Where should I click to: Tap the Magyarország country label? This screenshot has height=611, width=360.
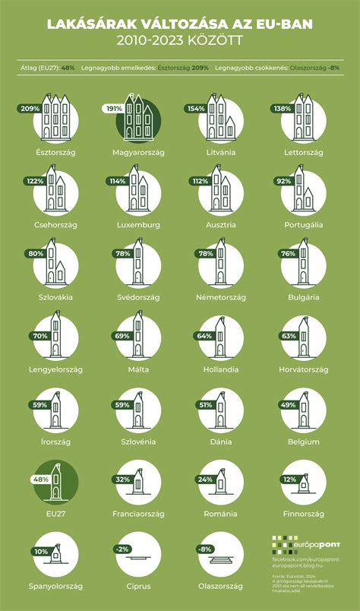pyautogui.click(x=137, y=153)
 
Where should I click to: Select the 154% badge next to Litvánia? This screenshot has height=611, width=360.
pyautogui.click(x=197, y=109)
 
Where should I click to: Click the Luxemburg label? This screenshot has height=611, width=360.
pyautogui.click(x=137, y=226)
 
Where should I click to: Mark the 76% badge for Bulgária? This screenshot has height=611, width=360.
pyautogui.click(x=288, y=254)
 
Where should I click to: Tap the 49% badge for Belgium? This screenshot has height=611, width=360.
pyautogui.click(x=287, y=405)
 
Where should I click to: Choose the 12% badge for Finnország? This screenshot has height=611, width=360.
pyautogui.click(x=288, y=480)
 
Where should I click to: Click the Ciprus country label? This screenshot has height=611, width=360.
pyautogui.click(x=137, y=587)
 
